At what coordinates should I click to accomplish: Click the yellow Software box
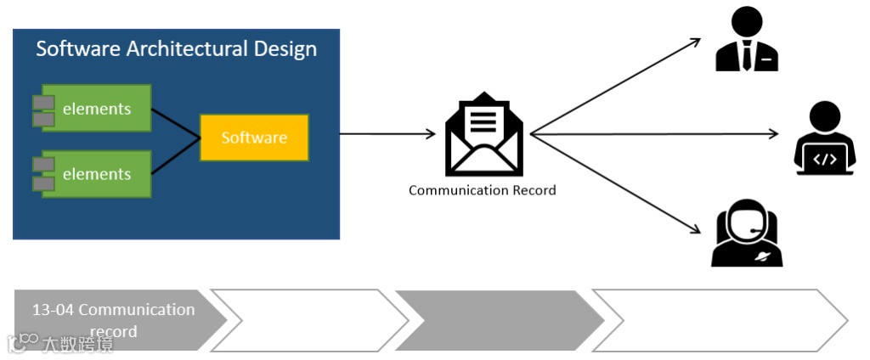point(254,138)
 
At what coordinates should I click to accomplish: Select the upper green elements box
point(97,109)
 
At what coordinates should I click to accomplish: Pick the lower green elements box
point(97,174)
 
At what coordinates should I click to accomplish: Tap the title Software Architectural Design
point(176,48)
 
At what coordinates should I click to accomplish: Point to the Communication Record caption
point(482,190)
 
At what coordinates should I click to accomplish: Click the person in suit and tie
point(747,41)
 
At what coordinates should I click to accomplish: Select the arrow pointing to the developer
point(654,134)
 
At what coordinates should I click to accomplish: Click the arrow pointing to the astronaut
point(616,182)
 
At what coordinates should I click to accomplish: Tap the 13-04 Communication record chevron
point(115,320)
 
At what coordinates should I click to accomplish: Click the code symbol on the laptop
point(825,159)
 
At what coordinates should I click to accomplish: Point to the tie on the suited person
point(747,56)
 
